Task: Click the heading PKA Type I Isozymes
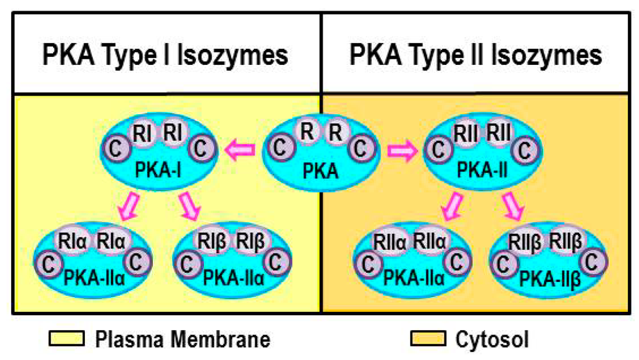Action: [x=165, y=56]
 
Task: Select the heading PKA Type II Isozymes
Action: [x=476, y=56]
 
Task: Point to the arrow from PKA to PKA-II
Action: [x=402, y=150]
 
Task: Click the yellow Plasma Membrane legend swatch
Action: [x=67, y=339]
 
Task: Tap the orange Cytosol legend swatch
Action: [x=428, y=339]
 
